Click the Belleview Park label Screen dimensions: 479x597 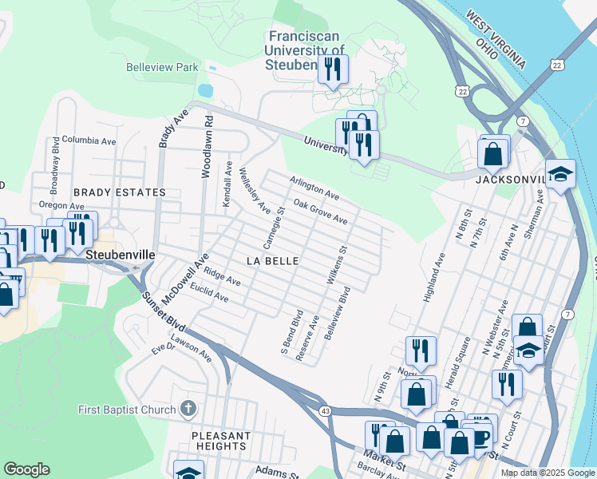click(x=162, y=68)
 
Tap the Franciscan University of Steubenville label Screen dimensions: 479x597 click(x=306, y=50)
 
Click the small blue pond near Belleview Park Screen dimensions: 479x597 click(x=205, y=90)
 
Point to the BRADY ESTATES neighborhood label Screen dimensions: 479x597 click(x=119, y=192)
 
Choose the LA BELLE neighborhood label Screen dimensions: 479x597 click(x=272, y=261)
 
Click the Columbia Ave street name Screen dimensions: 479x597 click(x=89, y=141)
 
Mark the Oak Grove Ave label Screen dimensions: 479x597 click(x=319, y=212)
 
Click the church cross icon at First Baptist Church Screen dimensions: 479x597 click(x=188, y=410)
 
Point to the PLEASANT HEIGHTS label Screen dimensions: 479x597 click(x=221, y=441)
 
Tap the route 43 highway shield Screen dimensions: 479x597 click(x=325, y=410)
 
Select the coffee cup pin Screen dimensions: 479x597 click(x=479, y=433)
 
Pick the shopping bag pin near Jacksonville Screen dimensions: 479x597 click(x=493, y=152)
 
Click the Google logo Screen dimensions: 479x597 click(x=27, y=469)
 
